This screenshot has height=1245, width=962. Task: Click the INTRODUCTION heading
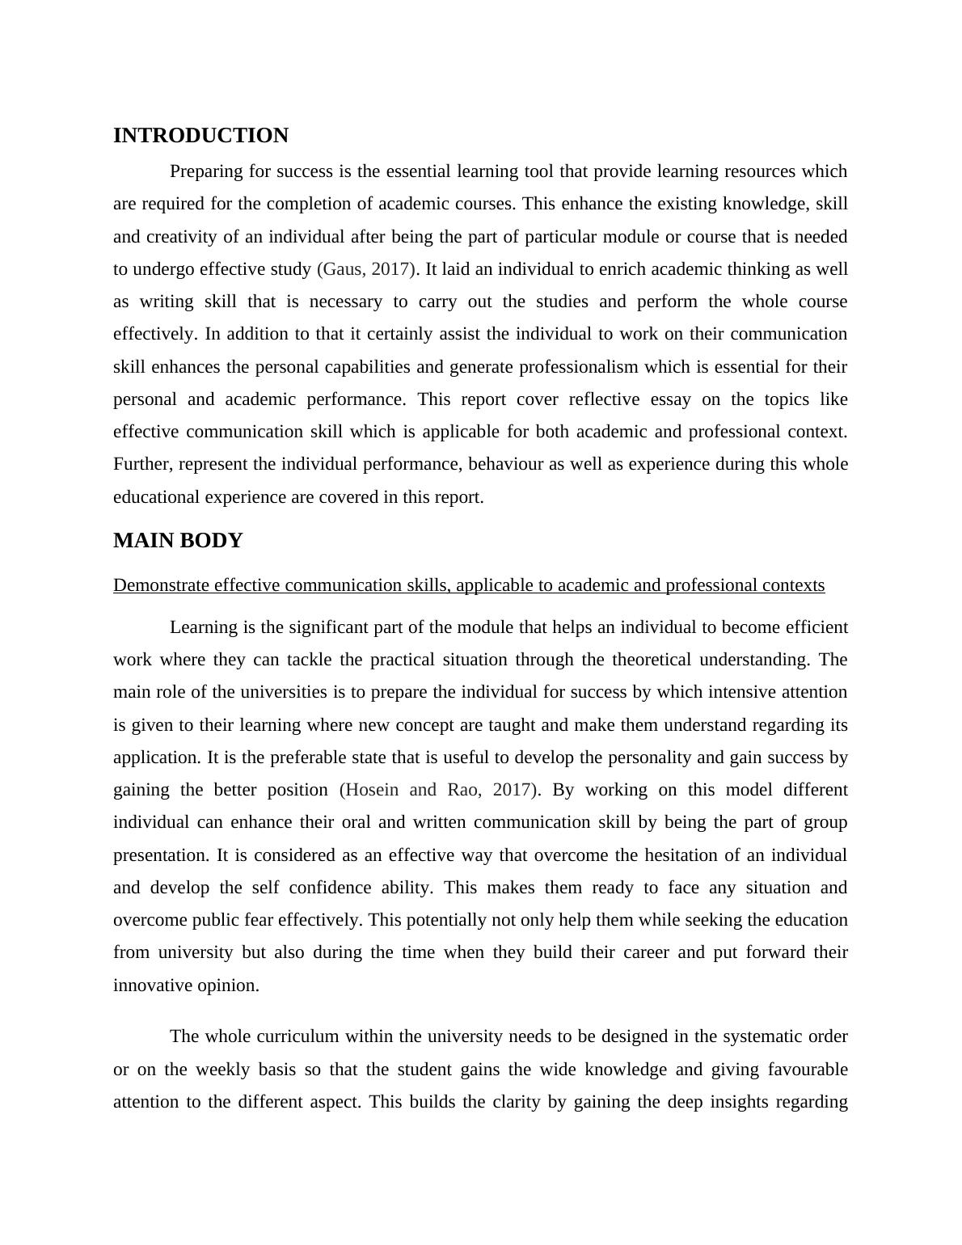point(200,136)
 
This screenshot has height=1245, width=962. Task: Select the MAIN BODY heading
point(178,541)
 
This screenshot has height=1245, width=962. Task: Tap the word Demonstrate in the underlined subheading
point(162,585)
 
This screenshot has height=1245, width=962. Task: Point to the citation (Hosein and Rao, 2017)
point(438,790)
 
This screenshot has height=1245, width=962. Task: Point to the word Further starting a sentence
point(142,464)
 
